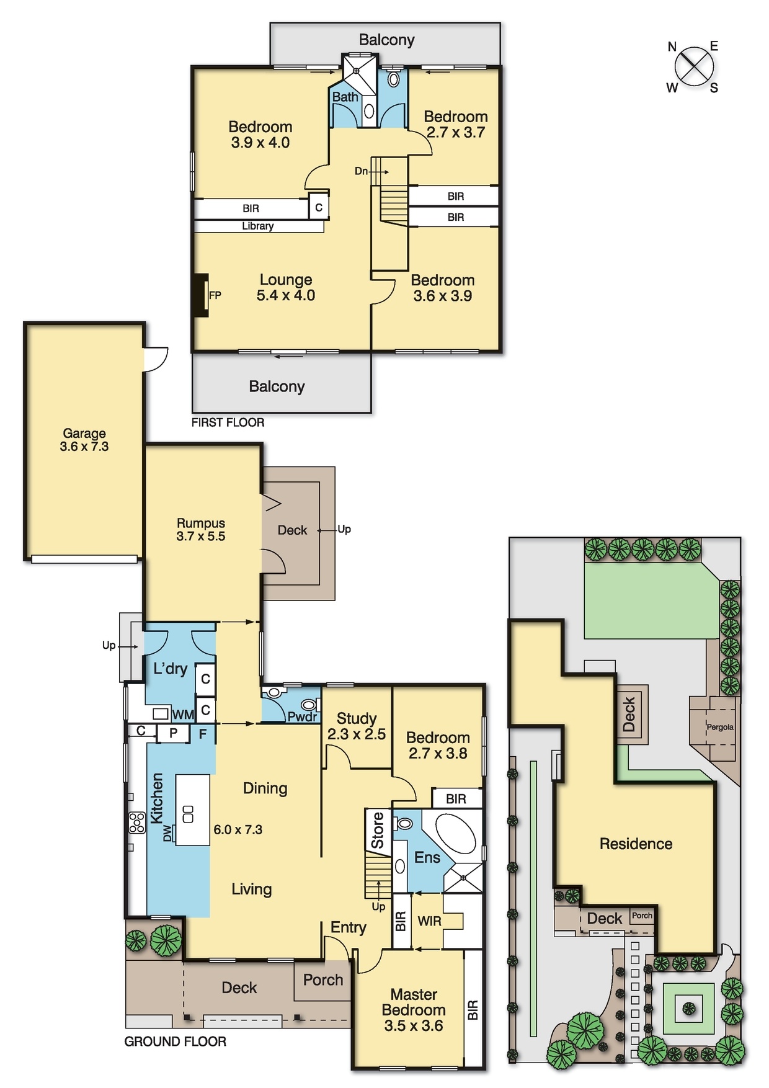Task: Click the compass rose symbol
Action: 694,66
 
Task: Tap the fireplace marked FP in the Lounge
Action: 200,295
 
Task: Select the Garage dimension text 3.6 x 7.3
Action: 84,447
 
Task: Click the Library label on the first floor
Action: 258,226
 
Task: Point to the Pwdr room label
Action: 302,717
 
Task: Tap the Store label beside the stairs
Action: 378,831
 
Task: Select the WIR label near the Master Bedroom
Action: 430,921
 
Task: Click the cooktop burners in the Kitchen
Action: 137,823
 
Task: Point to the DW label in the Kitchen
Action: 167,834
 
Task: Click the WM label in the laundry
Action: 183,715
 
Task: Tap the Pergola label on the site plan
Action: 720,727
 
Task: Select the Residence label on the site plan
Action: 636,844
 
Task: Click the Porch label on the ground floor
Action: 323,980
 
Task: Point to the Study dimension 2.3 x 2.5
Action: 357,734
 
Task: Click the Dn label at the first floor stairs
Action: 361,171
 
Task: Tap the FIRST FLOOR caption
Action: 228,422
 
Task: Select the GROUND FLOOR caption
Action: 176,1041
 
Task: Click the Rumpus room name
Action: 201,523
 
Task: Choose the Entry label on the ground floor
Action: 349,927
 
